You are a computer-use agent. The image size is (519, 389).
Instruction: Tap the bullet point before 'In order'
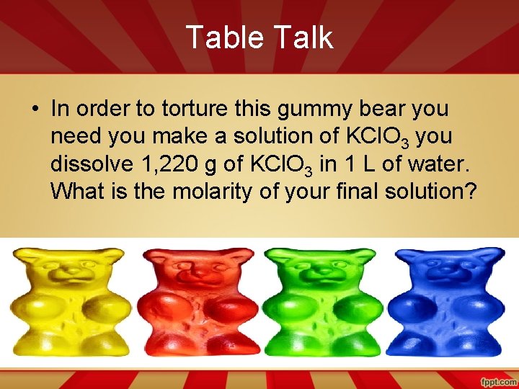[35, 109]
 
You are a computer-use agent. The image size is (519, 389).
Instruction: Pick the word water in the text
[440, 164]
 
